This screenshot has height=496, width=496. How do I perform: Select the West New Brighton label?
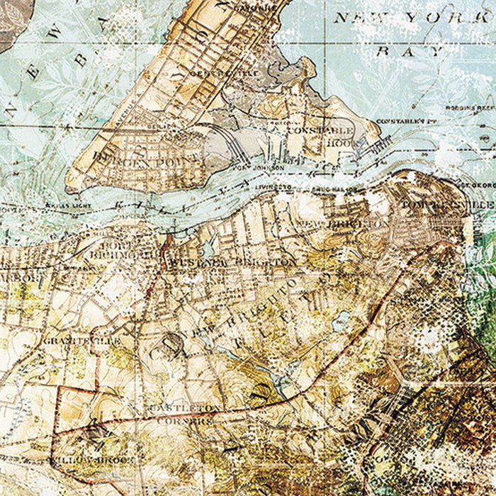[234, 263]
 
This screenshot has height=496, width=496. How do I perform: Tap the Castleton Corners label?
[181, 414]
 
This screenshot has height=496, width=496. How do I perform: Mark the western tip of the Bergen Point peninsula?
[69, 186]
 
